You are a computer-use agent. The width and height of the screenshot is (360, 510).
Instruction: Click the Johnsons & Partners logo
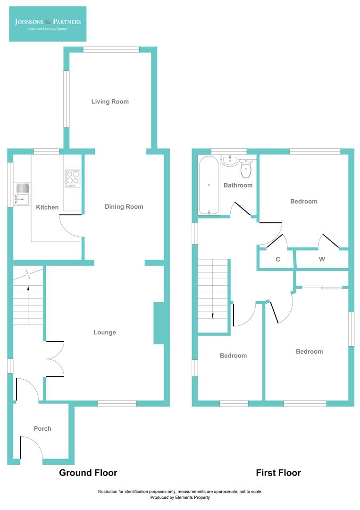[48, 24]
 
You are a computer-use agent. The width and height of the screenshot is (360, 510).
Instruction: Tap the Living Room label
[110, 102]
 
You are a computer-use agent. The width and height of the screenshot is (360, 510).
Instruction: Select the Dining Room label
[124, 206]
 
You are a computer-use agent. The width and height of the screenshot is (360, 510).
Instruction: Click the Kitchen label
[47, 207]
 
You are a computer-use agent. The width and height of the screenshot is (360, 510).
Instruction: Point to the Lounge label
[104, 332]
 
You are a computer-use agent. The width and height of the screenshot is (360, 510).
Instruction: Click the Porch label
[42, 429]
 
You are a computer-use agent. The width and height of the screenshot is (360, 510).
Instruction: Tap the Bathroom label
[238, 185]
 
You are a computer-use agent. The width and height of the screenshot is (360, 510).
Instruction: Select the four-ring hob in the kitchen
[72, 178]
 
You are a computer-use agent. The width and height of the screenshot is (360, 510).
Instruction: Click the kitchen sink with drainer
[22, 194]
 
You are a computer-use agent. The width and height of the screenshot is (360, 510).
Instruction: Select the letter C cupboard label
[278, 259]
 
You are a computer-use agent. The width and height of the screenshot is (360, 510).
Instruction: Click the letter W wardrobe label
[322, 259]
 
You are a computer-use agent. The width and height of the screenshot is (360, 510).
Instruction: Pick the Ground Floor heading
[88, 473]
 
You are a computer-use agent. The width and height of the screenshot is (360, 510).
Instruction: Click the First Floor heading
[278, 473]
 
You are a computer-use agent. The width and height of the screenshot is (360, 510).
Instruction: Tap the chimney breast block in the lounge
[159, 323]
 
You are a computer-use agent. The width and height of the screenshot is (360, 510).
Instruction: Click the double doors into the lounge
[55, 359]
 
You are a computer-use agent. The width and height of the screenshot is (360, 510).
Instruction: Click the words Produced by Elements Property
[180, 497]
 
